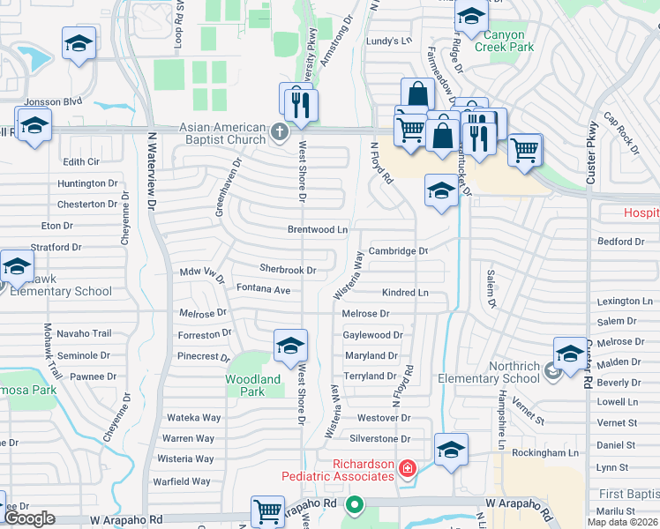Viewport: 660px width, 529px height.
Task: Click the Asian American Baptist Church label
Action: point(222,133)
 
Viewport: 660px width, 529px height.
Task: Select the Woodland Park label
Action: point(253,385)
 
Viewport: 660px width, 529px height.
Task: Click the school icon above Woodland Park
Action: point(289,346)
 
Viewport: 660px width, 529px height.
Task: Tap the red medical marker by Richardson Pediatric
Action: point(407,467)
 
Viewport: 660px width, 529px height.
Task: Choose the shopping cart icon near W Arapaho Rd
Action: point(267,510)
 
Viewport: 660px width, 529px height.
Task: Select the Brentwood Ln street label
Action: point(318,229)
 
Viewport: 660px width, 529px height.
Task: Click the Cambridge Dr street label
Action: point(398,251)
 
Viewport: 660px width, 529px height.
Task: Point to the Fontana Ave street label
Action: point(263,289)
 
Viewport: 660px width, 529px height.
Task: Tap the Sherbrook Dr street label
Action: point(288,269)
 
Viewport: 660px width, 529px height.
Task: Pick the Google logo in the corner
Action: point(30,519)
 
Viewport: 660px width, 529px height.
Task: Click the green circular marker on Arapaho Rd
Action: point(355,506)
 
